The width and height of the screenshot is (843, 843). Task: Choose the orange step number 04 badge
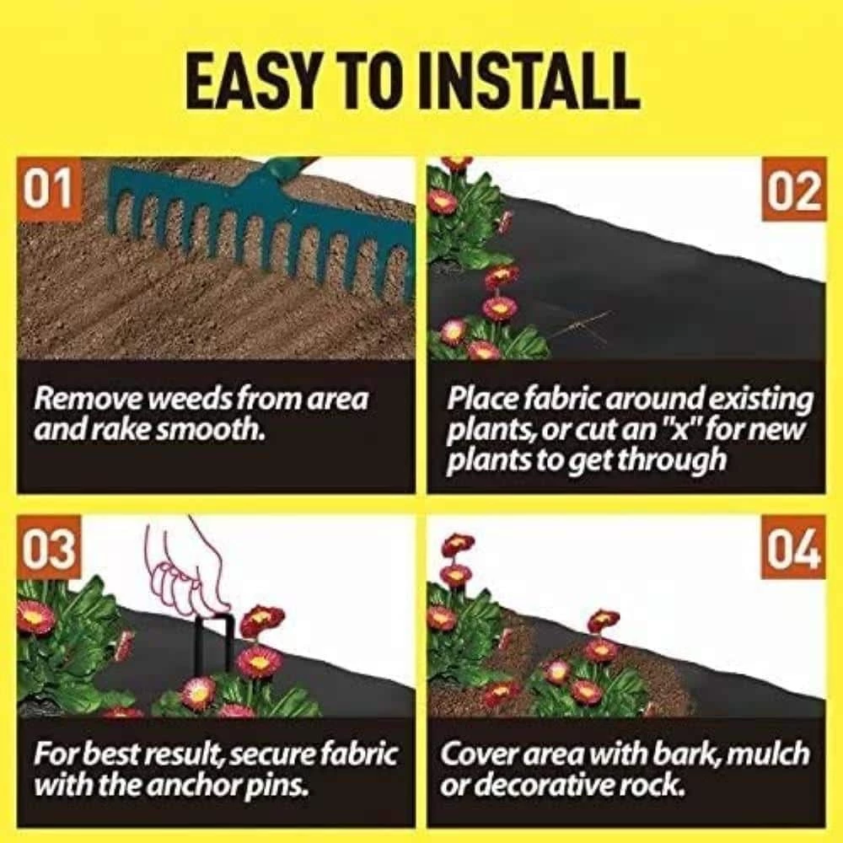coord(794,552)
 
